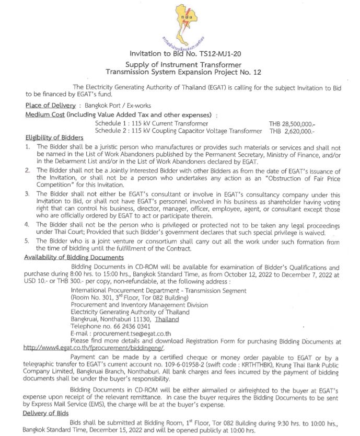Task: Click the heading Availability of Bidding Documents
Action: tap(74, 257)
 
